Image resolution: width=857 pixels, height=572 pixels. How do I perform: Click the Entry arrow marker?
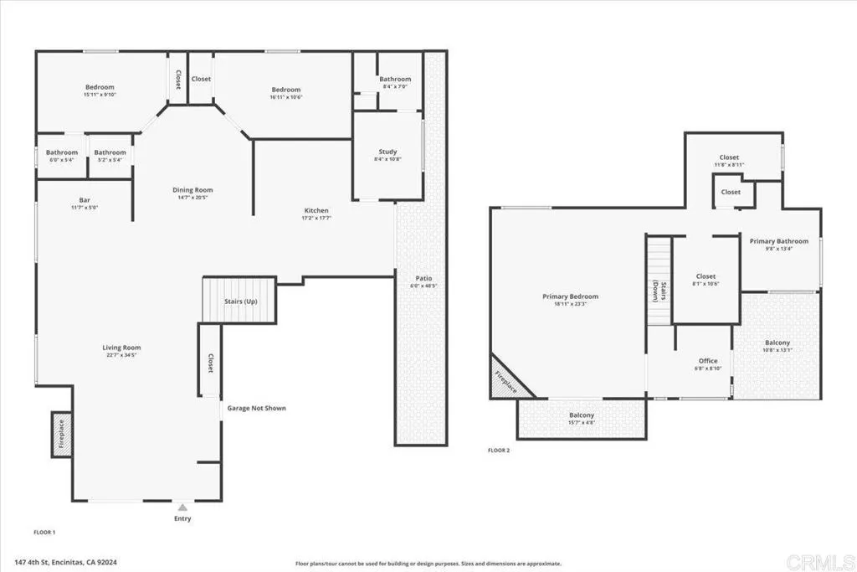(182, 507)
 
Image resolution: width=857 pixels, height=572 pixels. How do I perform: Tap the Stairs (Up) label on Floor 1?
(240, 301)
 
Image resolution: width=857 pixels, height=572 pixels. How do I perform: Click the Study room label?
(387, 152)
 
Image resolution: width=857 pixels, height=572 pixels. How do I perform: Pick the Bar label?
(85, 199)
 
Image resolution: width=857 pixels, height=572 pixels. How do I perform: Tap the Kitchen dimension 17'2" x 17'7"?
(316, 218)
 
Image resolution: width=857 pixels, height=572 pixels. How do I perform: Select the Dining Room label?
(192, 190)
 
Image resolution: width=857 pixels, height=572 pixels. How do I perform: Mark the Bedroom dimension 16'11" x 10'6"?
(285, 97)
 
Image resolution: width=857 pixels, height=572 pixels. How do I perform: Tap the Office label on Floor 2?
(708, 361)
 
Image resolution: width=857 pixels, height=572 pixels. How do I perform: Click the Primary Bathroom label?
(779, 241)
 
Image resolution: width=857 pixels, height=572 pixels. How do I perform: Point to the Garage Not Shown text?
(257, 409)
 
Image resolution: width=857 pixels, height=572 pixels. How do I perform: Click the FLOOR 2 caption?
(499, 450)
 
